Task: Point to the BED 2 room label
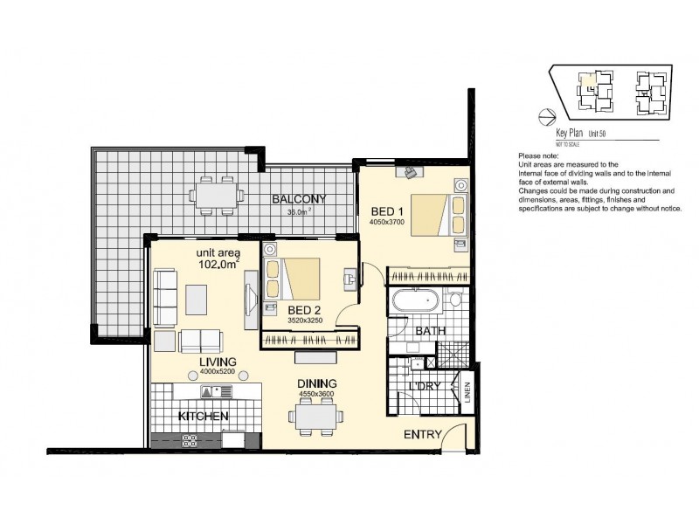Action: [302, 309]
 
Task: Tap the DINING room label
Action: [315, 383]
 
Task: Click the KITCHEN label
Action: [204, 417]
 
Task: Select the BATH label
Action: [431, 331]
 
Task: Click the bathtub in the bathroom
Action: [418, 303]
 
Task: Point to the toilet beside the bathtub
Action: [455, 302]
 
